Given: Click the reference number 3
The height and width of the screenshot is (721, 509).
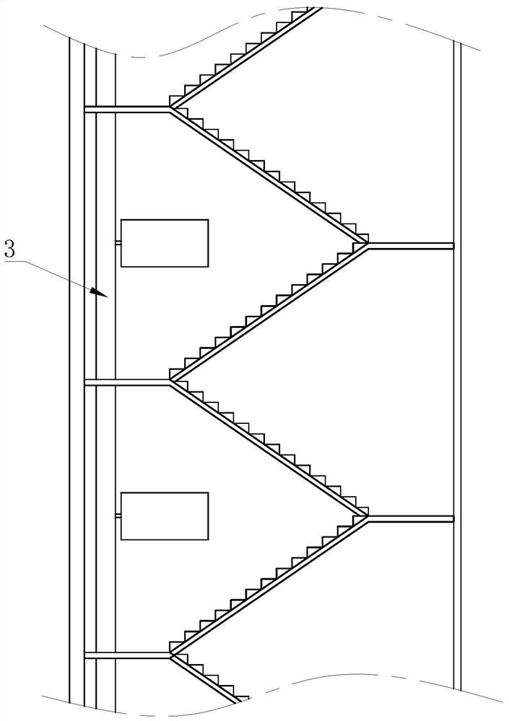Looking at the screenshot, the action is coord(9,250).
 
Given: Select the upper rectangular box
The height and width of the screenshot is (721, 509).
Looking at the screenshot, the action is coord(164,243).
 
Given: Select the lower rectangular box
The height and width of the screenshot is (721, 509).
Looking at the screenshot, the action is coord(164,516).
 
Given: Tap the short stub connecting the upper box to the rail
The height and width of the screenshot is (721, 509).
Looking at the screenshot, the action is coord(118,243).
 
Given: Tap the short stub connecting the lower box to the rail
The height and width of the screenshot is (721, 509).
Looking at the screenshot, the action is coord(118,516).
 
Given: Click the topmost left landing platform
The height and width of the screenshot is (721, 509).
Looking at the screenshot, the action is coord(127,109).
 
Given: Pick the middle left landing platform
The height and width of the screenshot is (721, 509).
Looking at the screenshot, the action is coord(127,382).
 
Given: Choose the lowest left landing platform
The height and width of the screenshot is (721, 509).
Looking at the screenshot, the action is coord(127,655).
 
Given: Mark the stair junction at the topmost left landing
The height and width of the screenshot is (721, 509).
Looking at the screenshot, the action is coord(171,108).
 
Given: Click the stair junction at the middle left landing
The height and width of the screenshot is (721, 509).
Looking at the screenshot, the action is coord(171,381).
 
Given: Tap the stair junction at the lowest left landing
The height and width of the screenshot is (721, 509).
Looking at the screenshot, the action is coord(171,655).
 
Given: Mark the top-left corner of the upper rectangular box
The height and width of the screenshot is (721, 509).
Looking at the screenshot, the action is coord(121,220).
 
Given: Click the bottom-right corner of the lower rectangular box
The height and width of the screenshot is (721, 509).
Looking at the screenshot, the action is coord(208,540).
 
